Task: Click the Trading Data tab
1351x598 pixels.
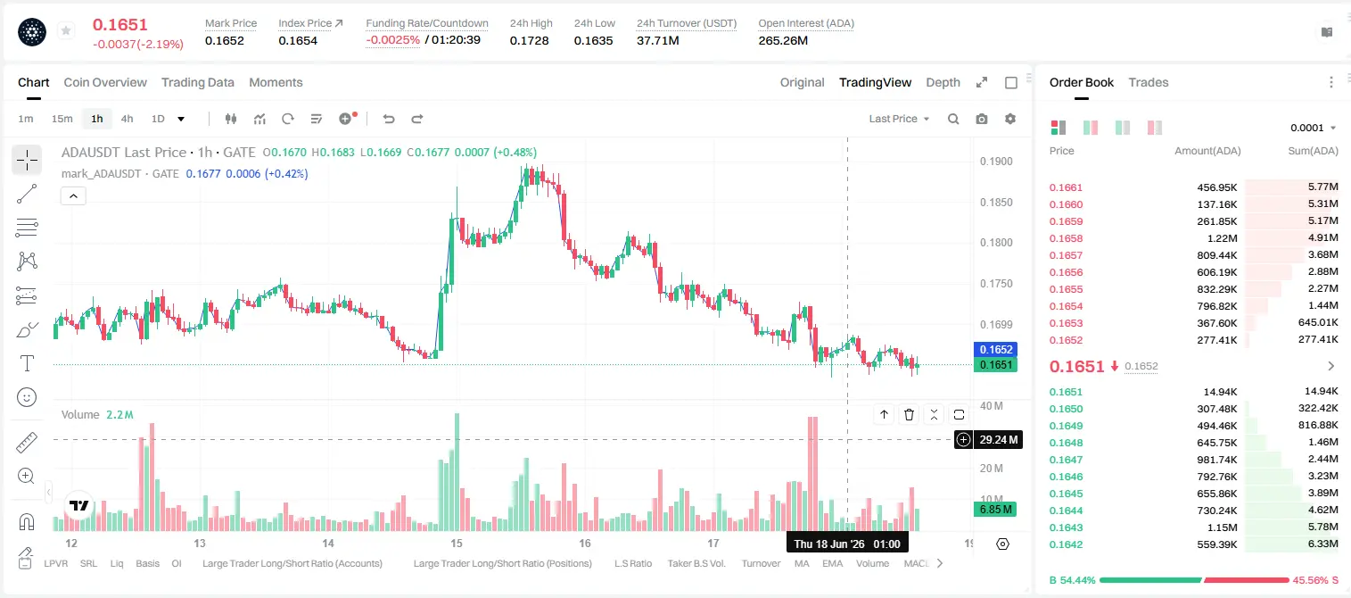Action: [197, 82]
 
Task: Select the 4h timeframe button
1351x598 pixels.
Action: [127, 119]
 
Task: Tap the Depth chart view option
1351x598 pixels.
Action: [943, 82]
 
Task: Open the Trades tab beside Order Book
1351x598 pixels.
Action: [1149, 82]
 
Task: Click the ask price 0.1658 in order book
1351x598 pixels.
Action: [1066, 238]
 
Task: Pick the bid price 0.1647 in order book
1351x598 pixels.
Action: [1066, 460]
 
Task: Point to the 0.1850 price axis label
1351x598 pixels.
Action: [996, 202]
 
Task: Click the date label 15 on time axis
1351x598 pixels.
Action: [457, 543]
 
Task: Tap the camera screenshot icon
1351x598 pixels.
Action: [982, 119]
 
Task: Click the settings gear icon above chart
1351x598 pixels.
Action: [1010, 119]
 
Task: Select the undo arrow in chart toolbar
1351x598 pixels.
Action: [389, 119]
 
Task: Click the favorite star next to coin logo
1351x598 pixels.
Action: [66, 30]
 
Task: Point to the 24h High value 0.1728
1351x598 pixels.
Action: [529, 40]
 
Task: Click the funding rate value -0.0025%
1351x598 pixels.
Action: [392, 40]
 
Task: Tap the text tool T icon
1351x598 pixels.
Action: [27, 363]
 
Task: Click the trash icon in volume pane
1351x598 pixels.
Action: [909, 414]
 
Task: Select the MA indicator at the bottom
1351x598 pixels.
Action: [802, 563]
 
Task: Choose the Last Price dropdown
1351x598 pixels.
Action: [899, 119]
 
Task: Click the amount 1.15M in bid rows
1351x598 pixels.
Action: [1222, 527]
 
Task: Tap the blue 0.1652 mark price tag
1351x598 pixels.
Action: [996, 349]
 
